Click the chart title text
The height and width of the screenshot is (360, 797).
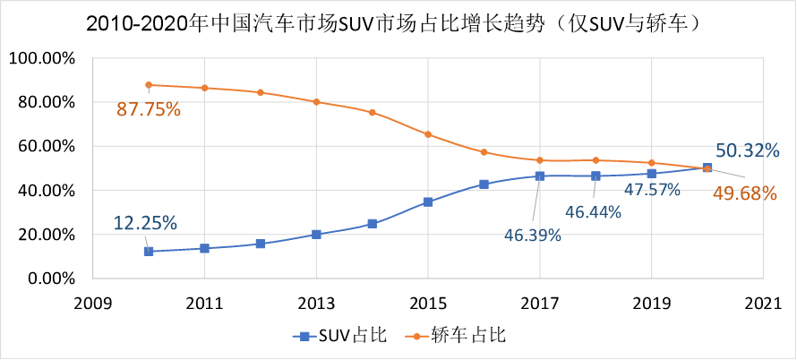tap(398, 24)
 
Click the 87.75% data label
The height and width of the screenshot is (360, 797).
tap(149, 109)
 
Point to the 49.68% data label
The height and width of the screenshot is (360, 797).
tap(743, 192)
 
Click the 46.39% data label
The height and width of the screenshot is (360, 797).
tap(531, 236)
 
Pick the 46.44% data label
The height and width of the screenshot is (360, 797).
tap(596, 212)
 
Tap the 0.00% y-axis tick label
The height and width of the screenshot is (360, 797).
tap(50, 279)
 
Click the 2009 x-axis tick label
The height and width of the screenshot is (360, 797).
tap(92, 303)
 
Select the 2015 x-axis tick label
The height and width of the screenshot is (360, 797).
tap(428, 303)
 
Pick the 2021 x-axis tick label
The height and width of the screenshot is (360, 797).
tap(763, 303)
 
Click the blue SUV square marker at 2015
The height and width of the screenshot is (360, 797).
tap(428, 202)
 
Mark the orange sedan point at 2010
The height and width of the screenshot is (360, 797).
tap(149, 85)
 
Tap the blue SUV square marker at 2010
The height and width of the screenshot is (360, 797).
tap(149, 252)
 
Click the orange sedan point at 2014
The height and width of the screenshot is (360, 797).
tap(373, 113)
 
